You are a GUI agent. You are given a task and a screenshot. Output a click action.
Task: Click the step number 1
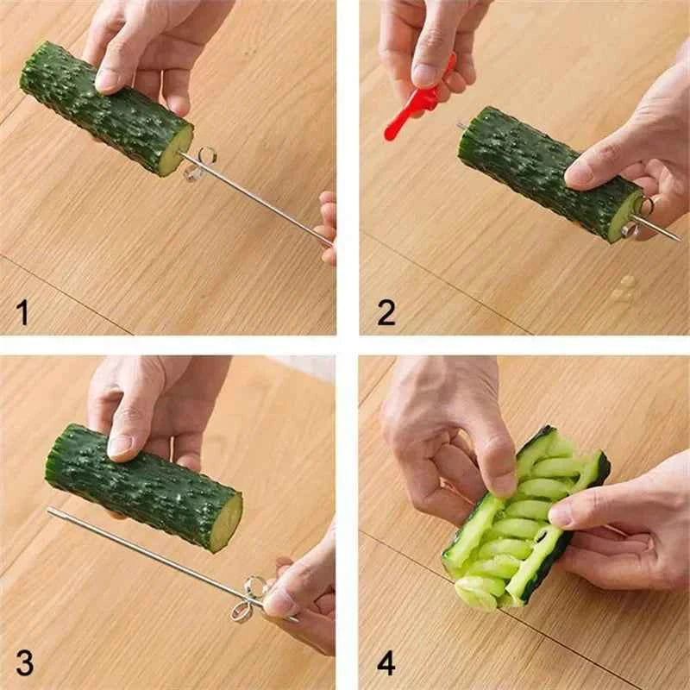tap(23, 310)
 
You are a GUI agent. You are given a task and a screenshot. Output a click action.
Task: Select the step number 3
tap(24, 662)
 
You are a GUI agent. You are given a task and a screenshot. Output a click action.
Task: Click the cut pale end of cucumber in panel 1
tap(178, 152)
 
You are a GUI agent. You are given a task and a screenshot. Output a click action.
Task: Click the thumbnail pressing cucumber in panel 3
tap(120, 446)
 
